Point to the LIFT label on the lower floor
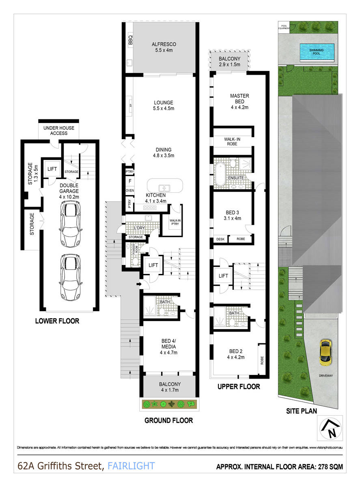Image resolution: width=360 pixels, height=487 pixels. (52, 169)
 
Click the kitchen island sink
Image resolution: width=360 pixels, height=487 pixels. (164, 188)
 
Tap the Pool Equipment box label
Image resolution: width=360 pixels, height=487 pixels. (283, 28)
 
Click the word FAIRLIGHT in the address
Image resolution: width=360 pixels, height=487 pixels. (131, 465)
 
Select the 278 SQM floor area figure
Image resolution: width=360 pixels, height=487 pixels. (328, 467)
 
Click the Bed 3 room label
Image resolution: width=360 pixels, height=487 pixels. (233, 215)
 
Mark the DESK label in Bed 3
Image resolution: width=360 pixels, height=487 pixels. (220, 239)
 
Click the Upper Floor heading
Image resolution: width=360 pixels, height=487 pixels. (238, 387)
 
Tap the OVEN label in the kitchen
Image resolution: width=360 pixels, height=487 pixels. (130, 190)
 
